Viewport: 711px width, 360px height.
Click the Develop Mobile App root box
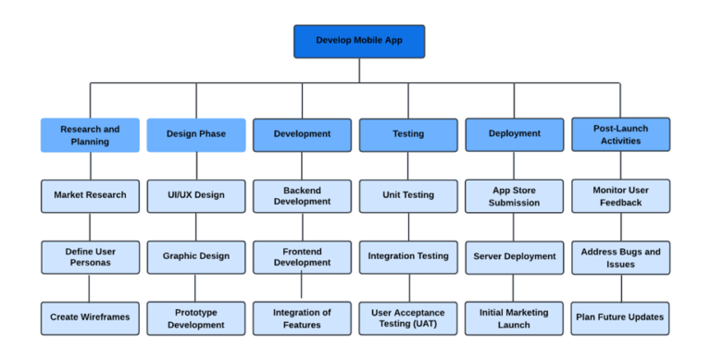click(x=359, y=41)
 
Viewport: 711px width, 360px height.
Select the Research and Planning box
click(x=90, y=134)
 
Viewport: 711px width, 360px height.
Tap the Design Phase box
click(x=195, y=134)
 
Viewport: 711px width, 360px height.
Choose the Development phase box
click(x=302, y=134)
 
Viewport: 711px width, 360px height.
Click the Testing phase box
click(x=408, y=134)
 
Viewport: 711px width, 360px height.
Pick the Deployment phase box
click(x=514, y=134)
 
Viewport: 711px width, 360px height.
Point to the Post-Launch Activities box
click(x=620, y=134)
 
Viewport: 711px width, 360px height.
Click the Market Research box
click(x=90, y=195)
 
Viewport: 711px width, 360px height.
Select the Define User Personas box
click(x=90, y=256)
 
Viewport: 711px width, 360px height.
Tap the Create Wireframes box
click(x=90, y=317)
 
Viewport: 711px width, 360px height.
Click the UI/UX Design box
click(x=195, y=195)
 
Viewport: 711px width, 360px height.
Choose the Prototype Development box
click(x=195, y=317)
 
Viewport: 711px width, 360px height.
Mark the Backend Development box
click(x=302, y=195)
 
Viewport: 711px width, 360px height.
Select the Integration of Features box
click(x=302, y=317)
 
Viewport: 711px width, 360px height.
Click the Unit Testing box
click(x=408, y=195)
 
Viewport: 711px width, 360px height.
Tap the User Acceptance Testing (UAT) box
click(x=408, y=317)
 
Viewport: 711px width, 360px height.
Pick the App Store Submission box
click(x=514, y=195)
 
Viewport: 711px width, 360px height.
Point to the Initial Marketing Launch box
click(x=514, y=317)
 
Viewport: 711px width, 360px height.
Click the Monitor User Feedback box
click(x=620, y=195)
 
